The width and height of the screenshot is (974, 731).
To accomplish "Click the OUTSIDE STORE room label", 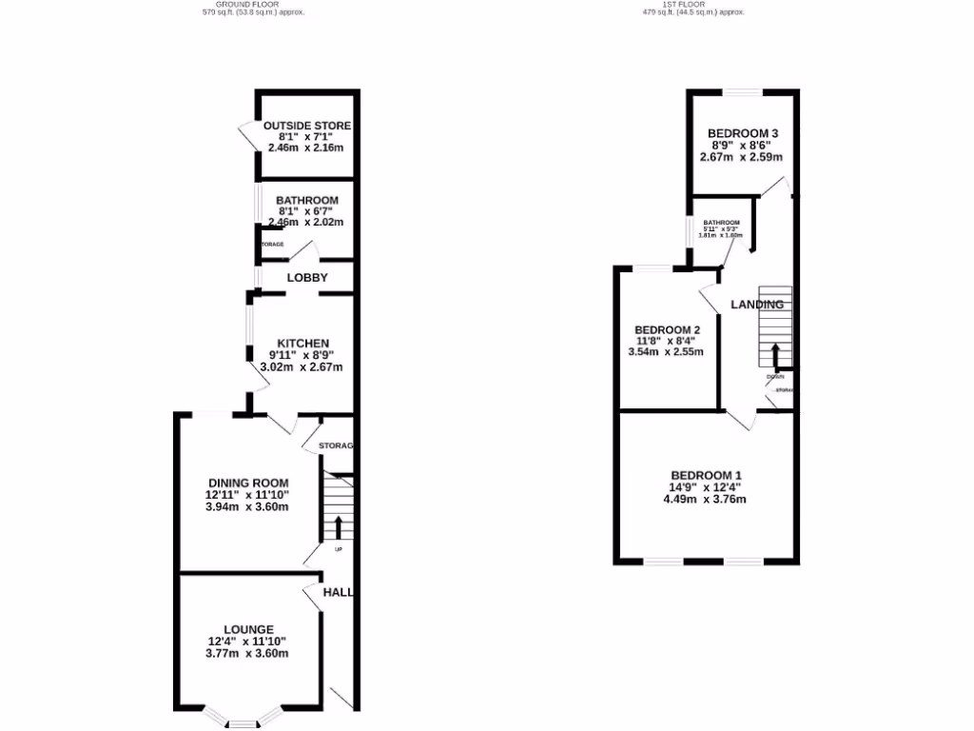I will coord(306,126).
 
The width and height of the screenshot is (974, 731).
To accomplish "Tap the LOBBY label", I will coord(307,278).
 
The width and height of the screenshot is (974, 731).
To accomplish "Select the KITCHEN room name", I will coord(302,344).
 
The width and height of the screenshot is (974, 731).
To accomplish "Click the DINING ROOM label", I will coord(248,483).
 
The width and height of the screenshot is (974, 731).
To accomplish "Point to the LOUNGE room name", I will coord(248,629).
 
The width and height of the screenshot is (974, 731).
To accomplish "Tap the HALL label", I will coord(339,592).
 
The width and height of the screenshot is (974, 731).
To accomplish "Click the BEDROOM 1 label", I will coord(706,476).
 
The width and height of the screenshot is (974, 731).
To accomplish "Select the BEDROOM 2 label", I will coord(666,330).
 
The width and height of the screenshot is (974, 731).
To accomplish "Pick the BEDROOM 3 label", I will coord(743,133).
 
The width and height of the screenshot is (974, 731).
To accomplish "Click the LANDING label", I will coord(757,305).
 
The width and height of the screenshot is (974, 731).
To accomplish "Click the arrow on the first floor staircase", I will coord(775,355).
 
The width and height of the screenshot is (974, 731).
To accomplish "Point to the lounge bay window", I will coord(243,721).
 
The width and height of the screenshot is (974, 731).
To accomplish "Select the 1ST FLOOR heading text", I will coord(692,4).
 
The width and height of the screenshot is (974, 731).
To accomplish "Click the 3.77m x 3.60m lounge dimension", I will coord(248,653).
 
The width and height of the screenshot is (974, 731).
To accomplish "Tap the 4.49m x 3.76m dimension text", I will coord(706,500).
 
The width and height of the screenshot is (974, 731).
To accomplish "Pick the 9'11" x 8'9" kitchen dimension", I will coord(302,355).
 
